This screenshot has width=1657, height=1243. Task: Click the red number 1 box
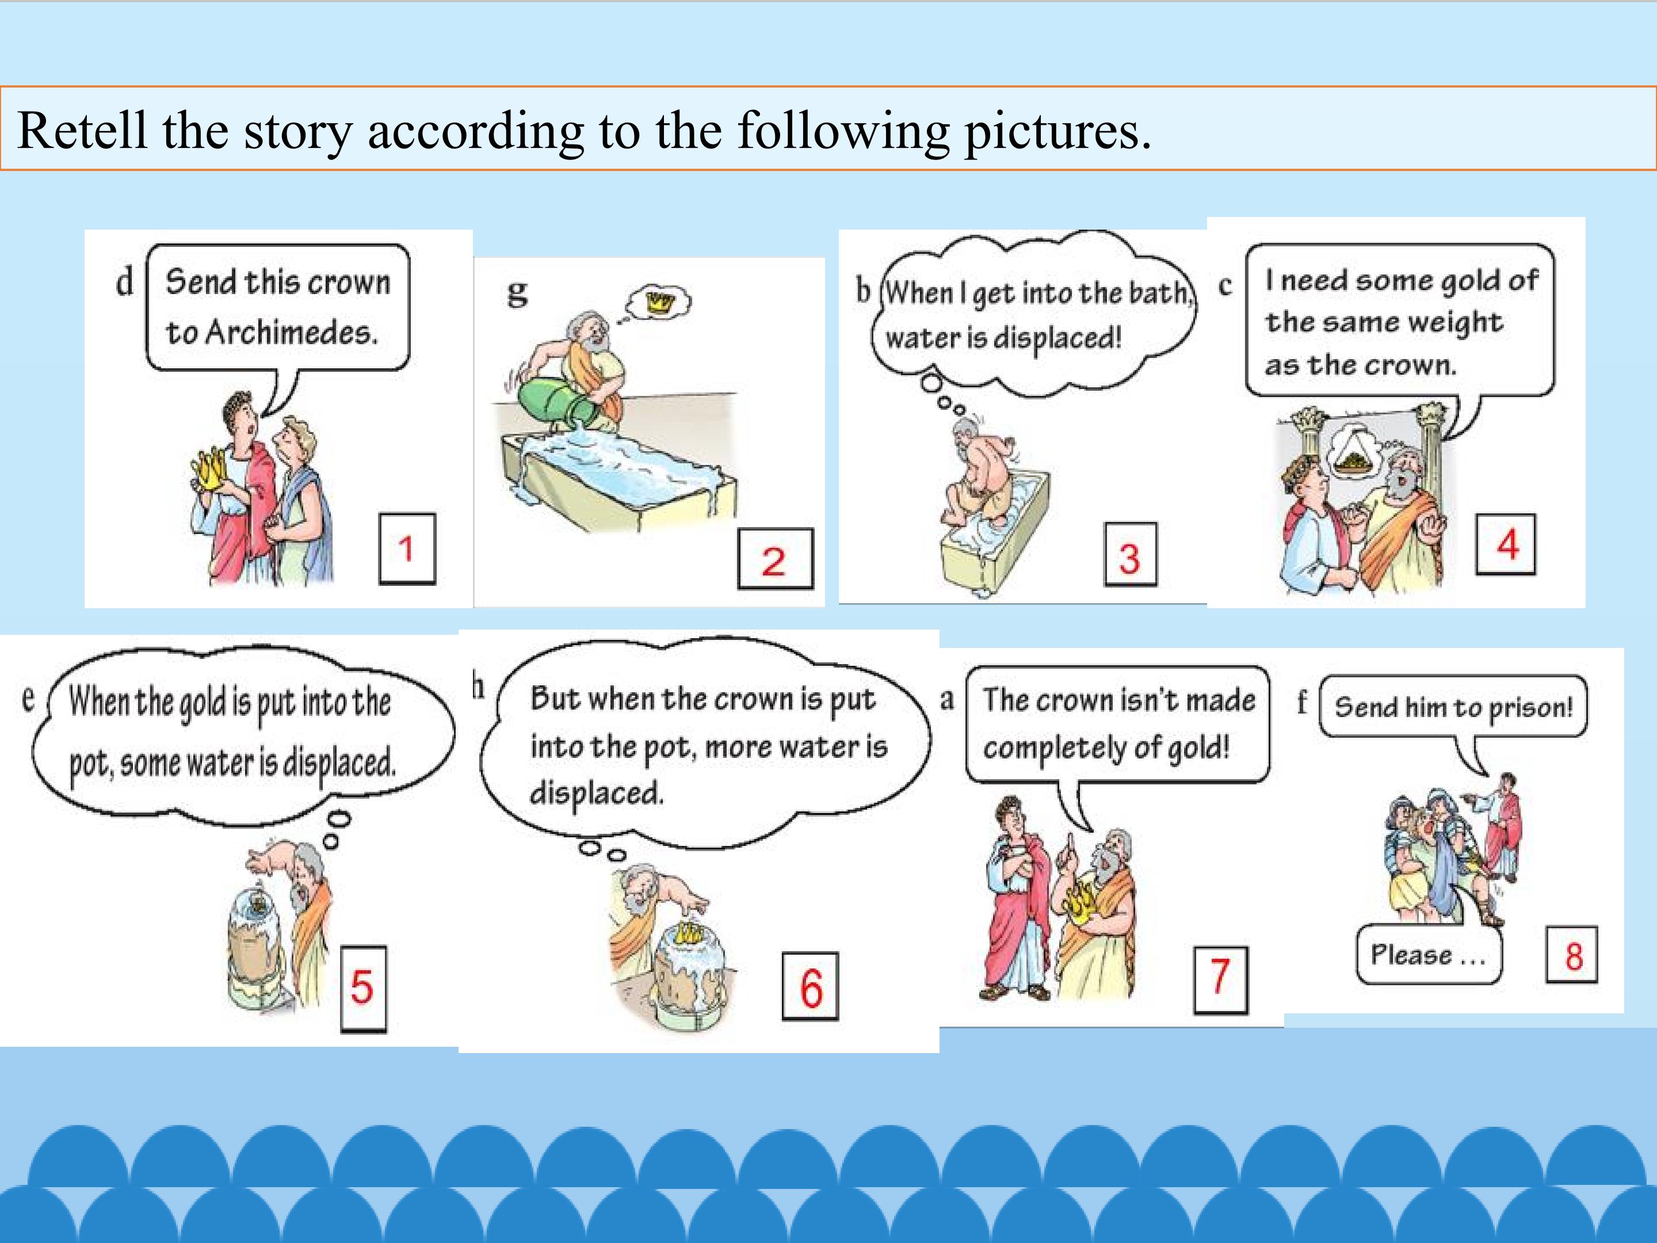(x=407, y=548)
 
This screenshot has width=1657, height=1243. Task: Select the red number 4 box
(x=1506, y=545)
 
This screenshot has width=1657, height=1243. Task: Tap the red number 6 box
(x=811, y=987)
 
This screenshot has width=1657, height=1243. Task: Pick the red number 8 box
(x=1572, y=955)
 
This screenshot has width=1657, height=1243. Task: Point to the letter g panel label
(x=517, y=292)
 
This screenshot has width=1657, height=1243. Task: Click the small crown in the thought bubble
(x=660, y=302)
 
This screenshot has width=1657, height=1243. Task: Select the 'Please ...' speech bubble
(x=1429, y=954)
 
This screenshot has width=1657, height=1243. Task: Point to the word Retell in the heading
(x=82, y=129)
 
